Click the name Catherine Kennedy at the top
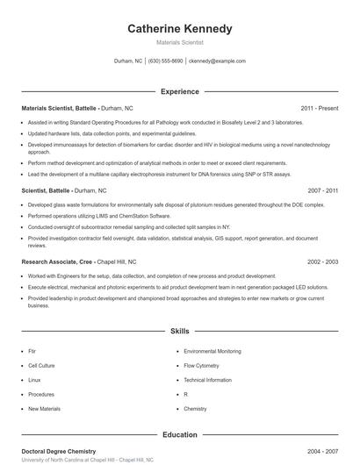tap(180, 29)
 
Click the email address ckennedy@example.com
tap(217, 61)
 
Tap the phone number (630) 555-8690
tap(166, 61)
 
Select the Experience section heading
tap(180, 91)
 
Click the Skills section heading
tap(180, 332)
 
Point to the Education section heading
tap(180, 434)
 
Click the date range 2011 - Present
tap(320, 108)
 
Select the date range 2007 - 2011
tap(323, 190)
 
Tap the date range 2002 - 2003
tap(323, 261)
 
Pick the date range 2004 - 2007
tap(323, 450)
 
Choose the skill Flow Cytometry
tap(203, 365)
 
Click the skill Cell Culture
tap(41, 365)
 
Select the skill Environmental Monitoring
tap(212, 351)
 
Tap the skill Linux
tap(34, 380)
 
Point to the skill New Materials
tap(44, 409)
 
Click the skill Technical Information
tap(208, 380)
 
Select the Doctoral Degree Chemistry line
tap(60, 450)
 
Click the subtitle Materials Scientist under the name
tap(180, 42)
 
